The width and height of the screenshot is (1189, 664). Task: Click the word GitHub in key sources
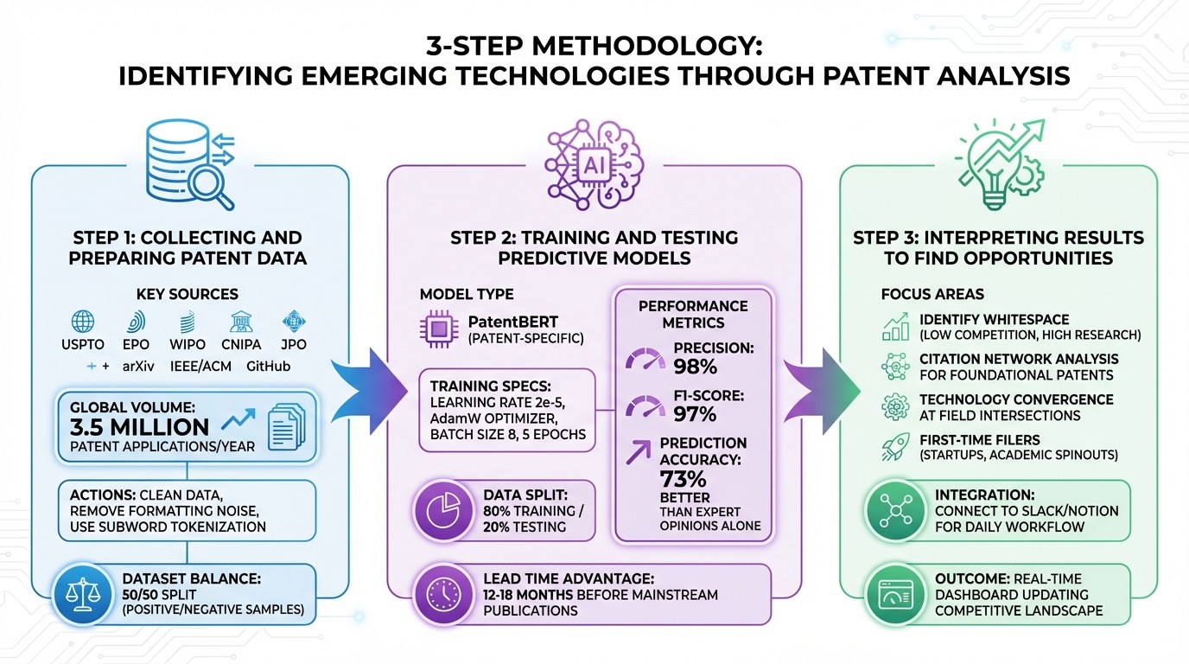tap(268, 366)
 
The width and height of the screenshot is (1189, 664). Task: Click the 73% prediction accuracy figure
tap(684, 478)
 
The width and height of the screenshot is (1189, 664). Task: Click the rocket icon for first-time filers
tap(893, 448)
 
